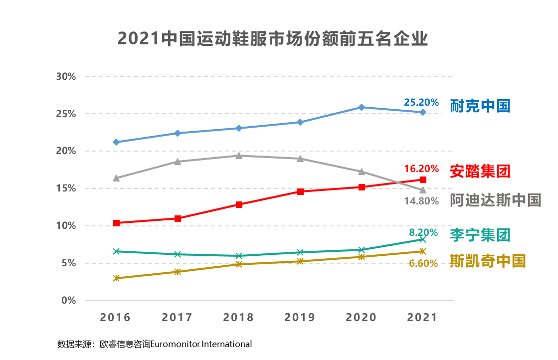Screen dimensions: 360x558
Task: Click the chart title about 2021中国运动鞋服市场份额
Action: click(x=273, y=38)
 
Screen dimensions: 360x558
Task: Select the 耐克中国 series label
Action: click(x=480, y=106)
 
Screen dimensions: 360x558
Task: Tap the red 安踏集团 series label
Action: click(x=480, y=171)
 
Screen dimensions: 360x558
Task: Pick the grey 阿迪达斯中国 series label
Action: click(x=495, y=200)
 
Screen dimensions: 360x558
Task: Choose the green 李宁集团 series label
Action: click(x=480, y=234)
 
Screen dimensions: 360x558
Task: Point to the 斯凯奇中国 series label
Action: click(x=488, y=261)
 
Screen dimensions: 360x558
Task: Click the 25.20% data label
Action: click(x=421, y=102)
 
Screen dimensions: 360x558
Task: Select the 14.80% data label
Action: click(x=421, y=201)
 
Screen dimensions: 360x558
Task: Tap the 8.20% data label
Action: click(x=423, y=232)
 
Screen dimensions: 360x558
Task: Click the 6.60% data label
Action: click(x=423, y=263)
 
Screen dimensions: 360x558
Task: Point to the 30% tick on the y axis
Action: click(x=66, y=77)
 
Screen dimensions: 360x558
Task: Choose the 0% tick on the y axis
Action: click(x=68, y=301)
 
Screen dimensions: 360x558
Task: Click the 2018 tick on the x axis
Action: click(x=239, y=318)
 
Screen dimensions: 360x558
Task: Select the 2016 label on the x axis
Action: click(x=116, y=318)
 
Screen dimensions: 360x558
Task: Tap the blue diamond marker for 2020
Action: click(x=362, y=107)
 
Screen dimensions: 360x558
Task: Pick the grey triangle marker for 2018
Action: click(x=239, y=156)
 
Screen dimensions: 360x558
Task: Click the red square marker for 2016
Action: click(x=116, y=223)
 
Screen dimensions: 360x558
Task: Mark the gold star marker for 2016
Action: click(x=116, y=278)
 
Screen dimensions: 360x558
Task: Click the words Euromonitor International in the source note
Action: click(x=201, y=344)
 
